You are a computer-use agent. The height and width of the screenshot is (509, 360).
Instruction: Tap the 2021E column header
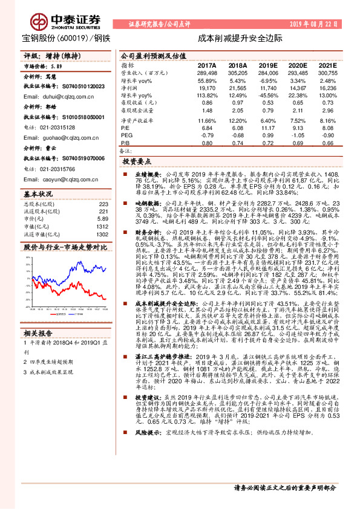(327, 65)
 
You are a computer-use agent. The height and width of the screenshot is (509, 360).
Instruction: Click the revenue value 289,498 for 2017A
(206, 72)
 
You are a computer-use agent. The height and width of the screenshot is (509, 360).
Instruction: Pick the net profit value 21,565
(238, 88)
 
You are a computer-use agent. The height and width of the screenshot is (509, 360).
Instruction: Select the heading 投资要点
(136, 163)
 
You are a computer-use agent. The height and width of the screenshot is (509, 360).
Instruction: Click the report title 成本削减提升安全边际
(240, 37)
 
